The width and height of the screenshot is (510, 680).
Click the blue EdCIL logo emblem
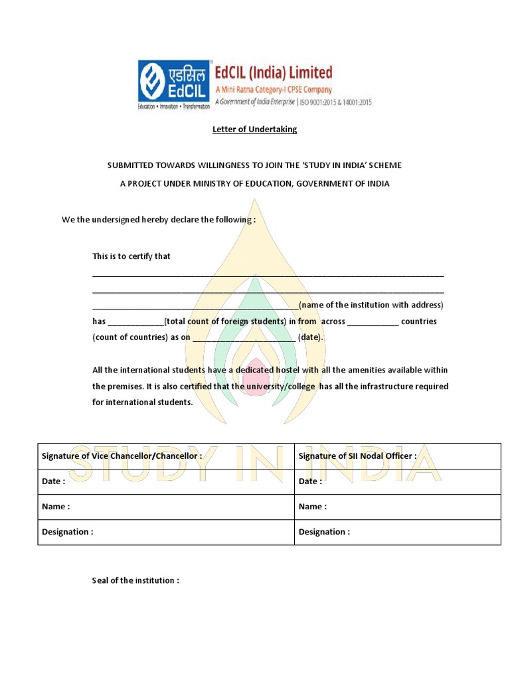coord(175,81)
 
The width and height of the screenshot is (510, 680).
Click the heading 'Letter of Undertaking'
coord(254,129)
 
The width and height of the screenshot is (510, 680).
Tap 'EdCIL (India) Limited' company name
coord(273,72)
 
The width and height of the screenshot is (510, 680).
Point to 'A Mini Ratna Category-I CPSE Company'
coord(274,89)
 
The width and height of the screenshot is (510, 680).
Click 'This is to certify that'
coord(131,256)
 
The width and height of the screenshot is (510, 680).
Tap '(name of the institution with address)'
coord(371,305)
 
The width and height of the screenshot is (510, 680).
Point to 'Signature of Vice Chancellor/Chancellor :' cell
coord(122,456)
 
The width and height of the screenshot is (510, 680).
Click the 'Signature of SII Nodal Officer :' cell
coord(357,456)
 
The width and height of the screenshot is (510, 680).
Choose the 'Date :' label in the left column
coord(53,481)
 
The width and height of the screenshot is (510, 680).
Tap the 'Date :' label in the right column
coord(310,481)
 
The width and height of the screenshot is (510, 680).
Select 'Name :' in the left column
coord(56,507)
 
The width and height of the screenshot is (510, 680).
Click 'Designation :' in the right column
coord(324,532)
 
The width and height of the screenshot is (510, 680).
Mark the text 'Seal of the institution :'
coord(135,580)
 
